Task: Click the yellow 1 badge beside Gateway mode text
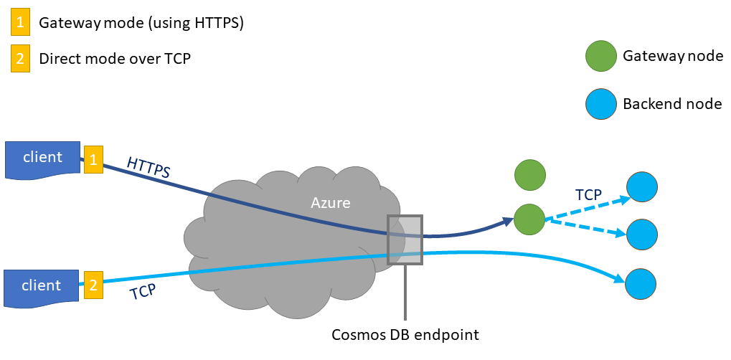21,23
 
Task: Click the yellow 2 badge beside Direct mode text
21,58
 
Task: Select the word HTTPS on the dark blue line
148,167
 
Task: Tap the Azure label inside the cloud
330,203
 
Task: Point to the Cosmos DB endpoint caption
405,335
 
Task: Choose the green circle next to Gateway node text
600,56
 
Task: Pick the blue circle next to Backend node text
600,103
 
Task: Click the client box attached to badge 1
43,158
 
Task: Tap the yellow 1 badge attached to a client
93,159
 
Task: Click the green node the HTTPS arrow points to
529,217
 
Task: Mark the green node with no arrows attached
530,175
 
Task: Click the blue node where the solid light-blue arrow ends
641,284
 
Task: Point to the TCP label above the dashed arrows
588,194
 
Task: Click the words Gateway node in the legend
673,56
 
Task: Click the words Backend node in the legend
672,104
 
